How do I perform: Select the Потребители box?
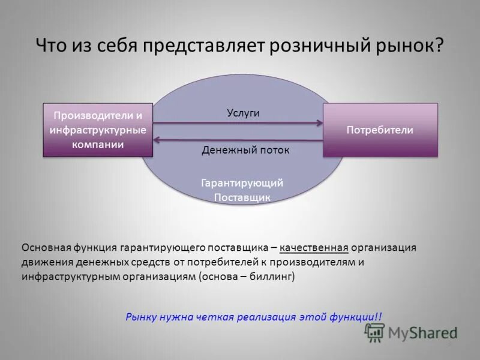pyautogui.click(x=380, y=130)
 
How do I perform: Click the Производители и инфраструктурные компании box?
pyautogui.click(x=98, y=130)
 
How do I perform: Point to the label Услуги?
pyautogui.click(x=243, y=113)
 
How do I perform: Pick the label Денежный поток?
pyautogui.click(x=245, y=150)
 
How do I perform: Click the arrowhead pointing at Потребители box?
pyautogui.click(x=319, y=124)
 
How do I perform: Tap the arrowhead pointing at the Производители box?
pyautogui.click(x=157, y=139)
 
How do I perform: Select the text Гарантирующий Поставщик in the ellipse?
pyautogui.click(x=242, y=190)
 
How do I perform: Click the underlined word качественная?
pyautogui.click(x=314, y=247)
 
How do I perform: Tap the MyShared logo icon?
pyautogui.click(x=375, y=332)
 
